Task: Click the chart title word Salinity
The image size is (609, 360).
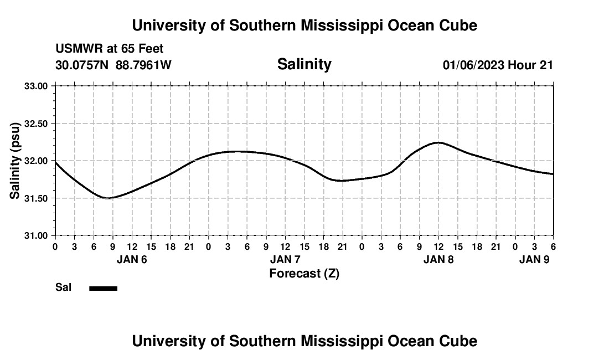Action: pos(304,64)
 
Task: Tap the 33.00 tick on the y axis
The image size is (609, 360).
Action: pos(37,86)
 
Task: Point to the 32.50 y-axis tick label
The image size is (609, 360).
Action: pos(37,124)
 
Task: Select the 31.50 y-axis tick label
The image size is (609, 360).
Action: pos(37,198)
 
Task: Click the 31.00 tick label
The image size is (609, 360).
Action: pos(37,235)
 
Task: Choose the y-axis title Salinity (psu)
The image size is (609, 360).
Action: pos(16,161)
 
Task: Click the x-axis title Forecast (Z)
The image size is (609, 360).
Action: pos(304,274)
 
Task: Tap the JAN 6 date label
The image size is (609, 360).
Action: pos(132,259)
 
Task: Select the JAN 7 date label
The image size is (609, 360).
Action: pos(285,259)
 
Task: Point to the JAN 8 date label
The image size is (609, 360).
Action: pos(438,259)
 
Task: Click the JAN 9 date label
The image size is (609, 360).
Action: pos(534,259)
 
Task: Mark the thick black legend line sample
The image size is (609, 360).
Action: pos(104,288)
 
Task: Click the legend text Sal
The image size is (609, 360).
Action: pos(63,287)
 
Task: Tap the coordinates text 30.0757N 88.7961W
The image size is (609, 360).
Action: pos(113,65)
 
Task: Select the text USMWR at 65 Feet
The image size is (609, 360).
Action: pos(110,49)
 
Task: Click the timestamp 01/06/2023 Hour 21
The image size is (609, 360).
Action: pos(498,65)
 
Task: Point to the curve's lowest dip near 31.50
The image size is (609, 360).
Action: pos(109,198)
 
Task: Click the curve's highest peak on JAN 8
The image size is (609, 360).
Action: pos(438,142)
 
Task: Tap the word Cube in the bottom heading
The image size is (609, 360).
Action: pos(460,341)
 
